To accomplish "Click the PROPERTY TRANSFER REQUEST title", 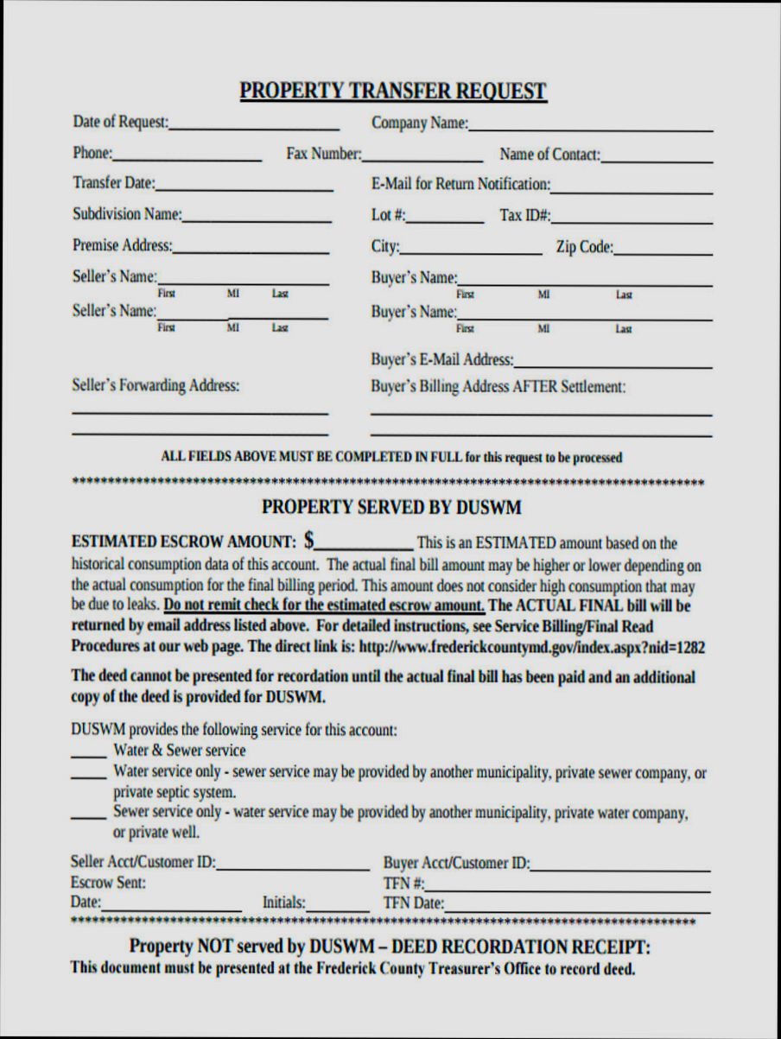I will (x=393, y=91).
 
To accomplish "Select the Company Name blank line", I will (x=590, y=127).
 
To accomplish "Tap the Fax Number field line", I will (x=422, y=159).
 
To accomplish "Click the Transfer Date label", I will (x=113, y=183).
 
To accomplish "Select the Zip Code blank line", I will (x=663, y=252).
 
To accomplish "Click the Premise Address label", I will (x=122, y=246).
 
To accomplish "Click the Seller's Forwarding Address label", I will (x=156, y=386).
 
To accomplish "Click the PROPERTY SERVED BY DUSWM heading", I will (x=391, y=506).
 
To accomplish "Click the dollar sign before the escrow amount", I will (x=308, y=542).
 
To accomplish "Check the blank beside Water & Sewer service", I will (x=88, y=753).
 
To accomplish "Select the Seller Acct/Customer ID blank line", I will (x=293, y=866).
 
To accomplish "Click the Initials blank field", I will (x=338, y=907).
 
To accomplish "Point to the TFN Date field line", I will (x=577, y=909).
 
